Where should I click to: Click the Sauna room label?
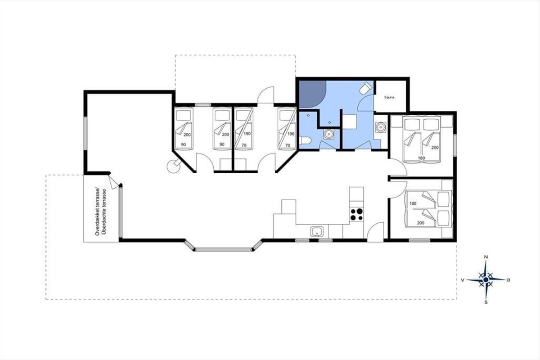point(389,97)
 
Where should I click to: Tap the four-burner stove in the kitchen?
point(356,214)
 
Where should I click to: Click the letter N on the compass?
point(486,257)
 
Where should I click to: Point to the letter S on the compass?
point(486,302)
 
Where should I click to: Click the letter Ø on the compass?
point(508,280)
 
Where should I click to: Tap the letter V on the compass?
point(463,280)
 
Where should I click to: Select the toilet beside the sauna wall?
point(366,88)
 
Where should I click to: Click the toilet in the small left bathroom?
point(306,140)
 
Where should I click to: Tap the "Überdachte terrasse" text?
point(104,212)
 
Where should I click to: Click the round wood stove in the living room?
point(174,166)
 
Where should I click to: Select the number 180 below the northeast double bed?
point(421,158)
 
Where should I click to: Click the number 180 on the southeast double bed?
point(413,203)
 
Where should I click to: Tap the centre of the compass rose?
point(486,280)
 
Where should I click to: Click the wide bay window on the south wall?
point(224,250)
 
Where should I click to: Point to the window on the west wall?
point(85,133)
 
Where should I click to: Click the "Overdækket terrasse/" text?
point(97,211)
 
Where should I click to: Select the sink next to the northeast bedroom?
point(381,127)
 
